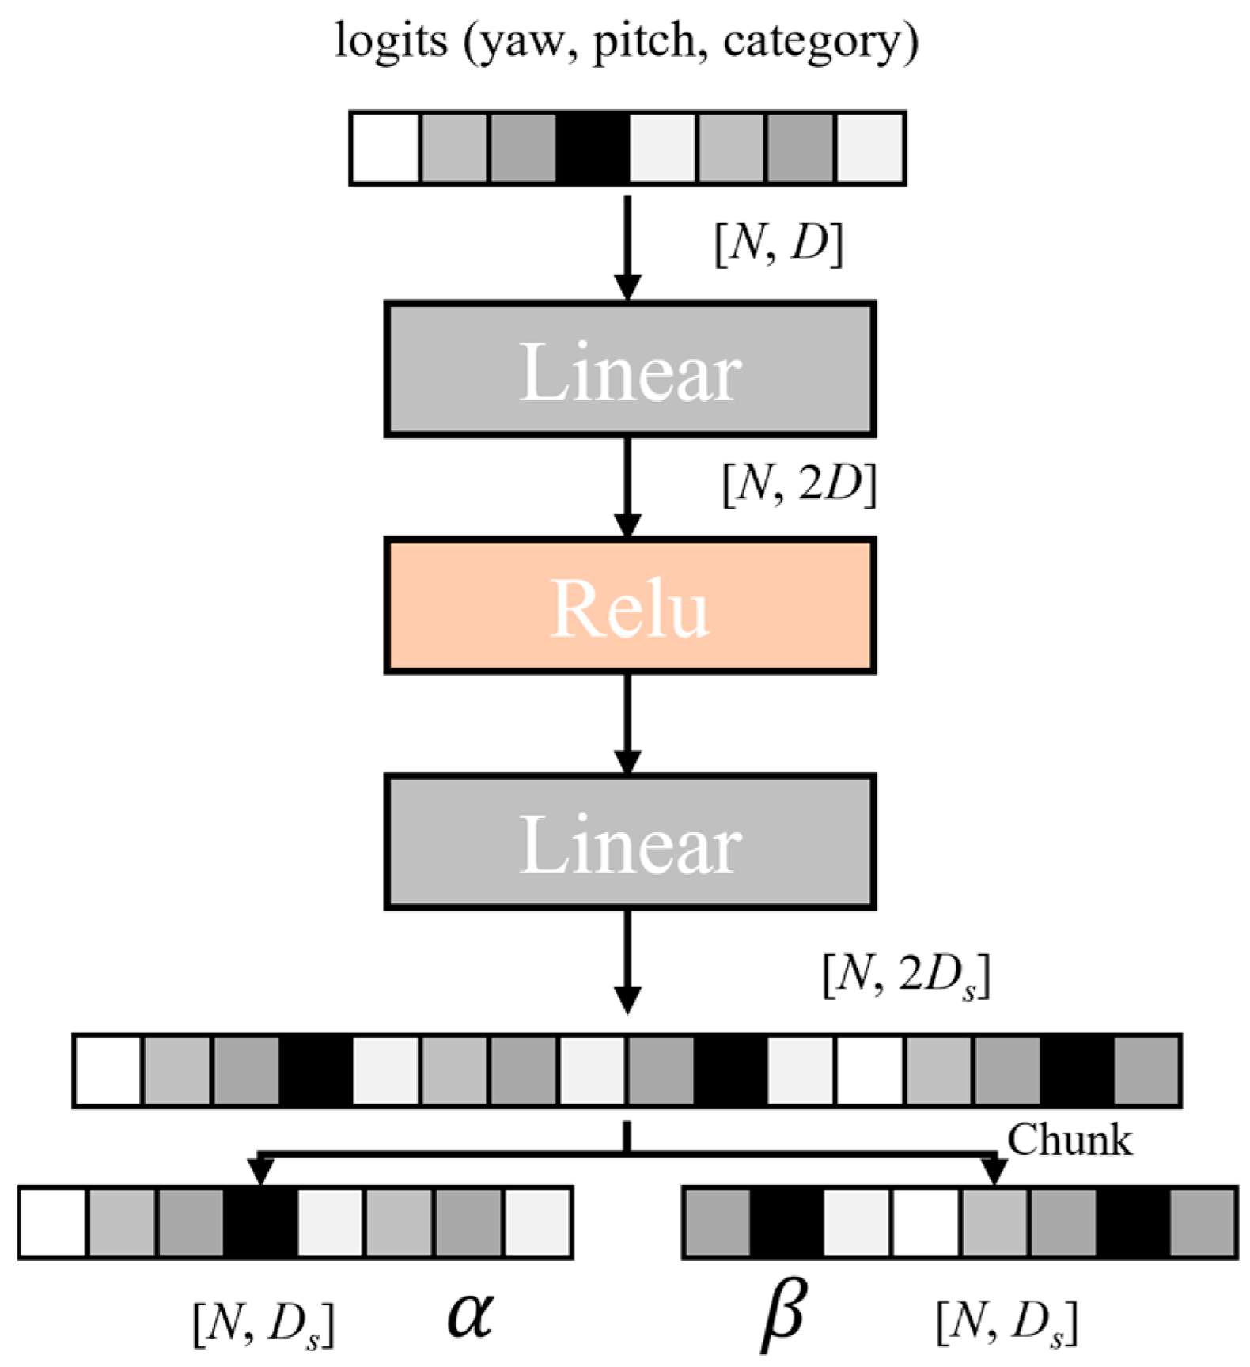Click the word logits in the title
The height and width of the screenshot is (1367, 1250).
[391, 41]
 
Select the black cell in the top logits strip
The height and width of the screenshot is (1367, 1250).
[593, 149]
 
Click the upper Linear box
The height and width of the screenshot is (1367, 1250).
[630, 369]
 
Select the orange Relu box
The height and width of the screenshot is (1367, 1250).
[630, 606]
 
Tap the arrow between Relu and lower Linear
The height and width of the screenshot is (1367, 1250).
[627, 724]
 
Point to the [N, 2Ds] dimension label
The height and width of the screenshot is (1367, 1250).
[906, 977]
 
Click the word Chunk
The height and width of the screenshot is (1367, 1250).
[1069, 1141]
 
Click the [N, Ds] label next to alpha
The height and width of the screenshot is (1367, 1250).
[263, 1323]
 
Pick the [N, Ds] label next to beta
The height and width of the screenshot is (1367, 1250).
[1006, 1323]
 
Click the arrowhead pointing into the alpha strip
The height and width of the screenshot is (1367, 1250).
[260, 1172]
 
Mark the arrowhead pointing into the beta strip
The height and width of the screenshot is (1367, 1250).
[994, 1172]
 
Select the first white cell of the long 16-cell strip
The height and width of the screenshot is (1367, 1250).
[108, 1071]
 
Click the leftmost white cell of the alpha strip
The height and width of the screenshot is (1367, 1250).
[53, 1223]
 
